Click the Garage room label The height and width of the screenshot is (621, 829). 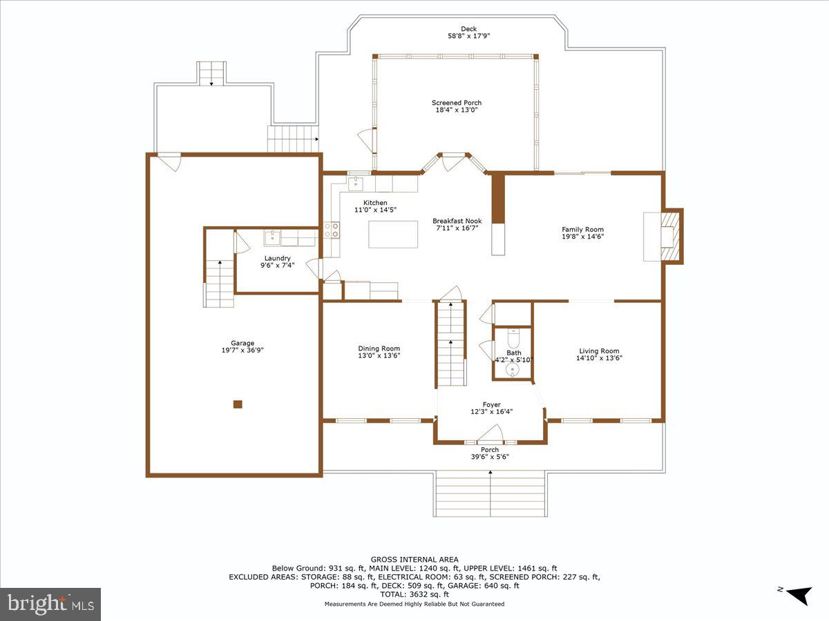[242, 343]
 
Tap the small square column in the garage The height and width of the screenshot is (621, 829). [238, 404]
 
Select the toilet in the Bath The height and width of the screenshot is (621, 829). [513, 340]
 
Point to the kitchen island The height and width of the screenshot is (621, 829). [393, 234]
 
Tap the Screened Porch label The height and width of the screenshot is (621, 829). [457, 103]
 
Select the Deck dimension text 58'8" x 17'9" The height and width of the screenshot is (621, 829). [469, 36]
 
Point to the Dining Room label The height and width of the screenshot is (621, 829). [379, 348]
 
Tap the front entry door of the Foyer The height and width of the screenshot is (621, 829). [490, 435]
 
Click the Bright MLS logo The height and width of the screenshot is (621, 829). [50, 604]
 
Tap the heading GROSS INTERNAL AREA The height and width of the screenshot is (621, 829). [414, 560]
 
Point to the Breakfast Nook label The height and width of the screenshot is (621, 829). [457, 221]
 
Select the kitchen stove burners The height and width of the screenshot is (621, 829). [332, 230]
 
